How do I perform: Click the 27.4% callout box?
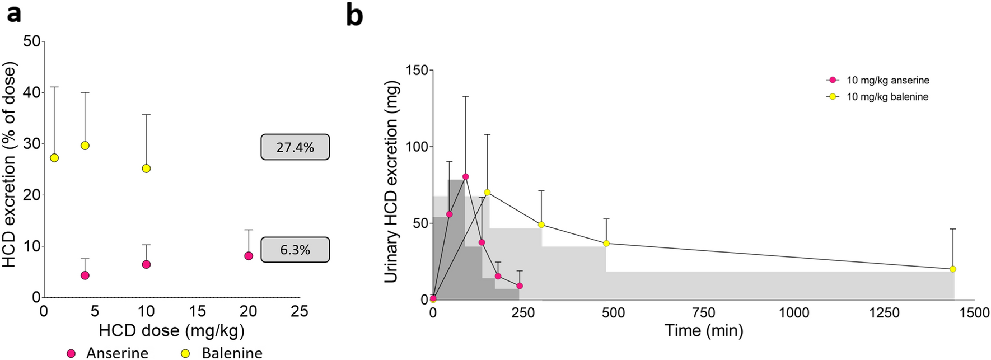pos(295,147)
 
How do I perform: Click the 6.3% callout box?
pos(295,250)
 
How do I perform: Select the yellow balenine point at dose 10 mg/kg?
pos(146,169)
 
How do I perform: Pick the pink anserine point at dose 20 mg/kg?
pos(249,256)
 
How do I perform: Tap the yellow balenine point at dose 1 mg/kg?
pos(54,158)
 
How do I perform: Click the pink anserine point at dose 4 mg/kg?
pos(85,275)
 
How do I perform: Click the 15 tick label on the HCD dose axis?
pos(197,311)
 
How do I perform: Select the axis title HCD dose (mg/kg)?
pos(171,331)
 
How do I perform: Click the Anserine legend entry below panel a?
pos(107,353)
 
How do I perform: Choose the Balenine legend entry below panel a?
pos(223,353)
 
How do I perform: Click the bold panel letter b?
pos(354,15)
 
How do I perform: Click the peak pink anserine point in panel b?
pos(465,176)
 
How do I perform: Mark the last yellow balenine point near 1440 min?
pos(953,269)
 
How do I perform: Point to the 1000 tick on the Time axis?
pos(794,313)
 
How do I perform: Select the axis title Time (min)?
pos(704,330)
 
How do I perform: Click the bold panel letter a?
pos(13,12)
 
